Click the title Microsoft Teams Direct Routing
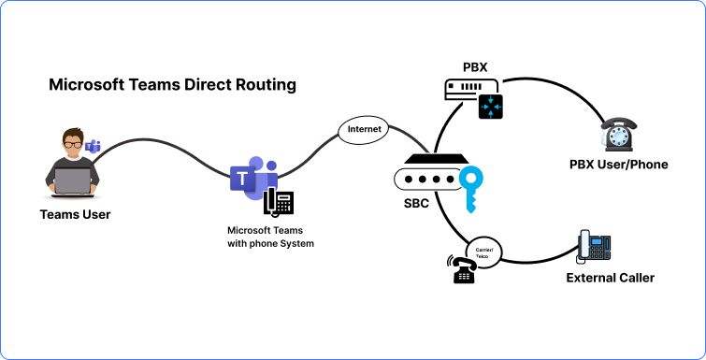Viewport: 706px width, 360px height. (x=172, y=85)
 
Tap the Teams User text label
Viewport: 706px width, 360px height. (x=75, y=215)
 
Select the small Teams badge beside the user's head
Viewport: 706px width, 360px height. (x=94, y=146)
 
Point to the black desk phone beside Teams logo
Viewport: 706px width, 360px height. (x=278, y=202)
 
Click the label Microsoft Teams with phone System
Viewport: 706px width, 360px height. (x=270, y=237)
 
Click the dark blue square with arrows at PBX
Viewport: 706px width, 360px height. (x=490, y=107)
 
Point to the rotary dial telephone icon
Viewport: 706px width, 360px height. (x=619, y=135)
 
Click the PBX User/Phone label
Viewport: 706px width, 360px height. (x=618, y=165)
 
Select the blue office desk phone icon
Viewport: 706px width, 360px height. (x=595, y=246)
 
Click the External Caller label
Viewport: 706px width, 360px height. (x=610, y=278)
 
